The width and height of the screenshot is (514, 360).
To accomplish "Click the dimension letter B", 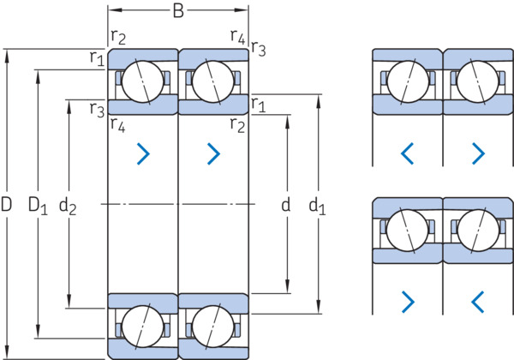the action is click(178, 11).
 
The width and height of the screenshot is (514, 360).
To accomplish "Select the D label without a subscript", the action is click(6, 204).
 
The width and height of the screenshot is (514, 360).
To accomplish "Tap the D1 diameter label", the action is click(38, 206).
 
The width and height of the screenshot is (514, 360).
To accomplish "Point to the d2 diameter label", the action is click(68, 207).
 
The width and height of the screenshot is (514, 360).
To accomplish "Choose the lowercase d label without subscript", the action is click(286, 205).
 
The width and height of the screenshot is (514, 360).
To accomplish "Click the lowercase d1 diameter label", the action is click(317, 207).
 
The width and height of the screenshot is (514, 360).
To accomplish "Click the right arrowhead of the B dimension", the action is click(242, 10).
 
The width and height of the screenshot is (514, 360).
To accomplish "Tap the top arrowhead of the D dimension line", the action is click(7, 57).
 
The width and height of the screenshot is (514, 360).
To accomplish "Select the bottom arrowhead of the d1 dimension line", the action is click(318, 307).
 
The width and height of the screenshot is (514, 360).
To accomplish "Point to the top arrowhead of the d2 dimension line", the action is click(69, 106).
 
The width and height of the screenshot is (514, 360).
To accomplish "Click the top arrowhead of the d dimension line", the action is click(288, 122).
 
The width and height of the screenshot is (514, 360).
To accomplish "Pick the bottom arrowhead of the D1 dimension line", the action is click(38, 331).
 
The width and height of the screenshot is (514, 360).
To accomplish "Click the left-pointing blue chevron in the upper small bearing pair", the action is click(407, 153).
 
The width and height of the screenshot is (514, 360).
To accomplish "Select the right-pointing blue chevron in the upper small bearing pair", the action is click(478, 153).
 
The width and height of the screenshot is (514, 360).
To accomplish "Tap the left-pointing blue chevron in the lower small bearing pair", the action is click(478, 302).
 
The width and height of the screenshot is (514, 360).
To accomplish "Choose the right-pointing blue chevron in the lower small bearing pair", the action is click(409, 302).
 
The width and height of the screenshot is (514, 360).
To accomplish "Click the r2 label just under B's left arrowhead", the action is click(118, 37).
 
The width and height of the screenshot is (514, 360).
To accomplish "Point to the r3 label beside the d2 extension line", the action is click(97, 110).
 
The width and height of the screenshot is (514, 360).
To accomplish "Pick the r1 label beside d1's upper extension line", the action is click(259, 105).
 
